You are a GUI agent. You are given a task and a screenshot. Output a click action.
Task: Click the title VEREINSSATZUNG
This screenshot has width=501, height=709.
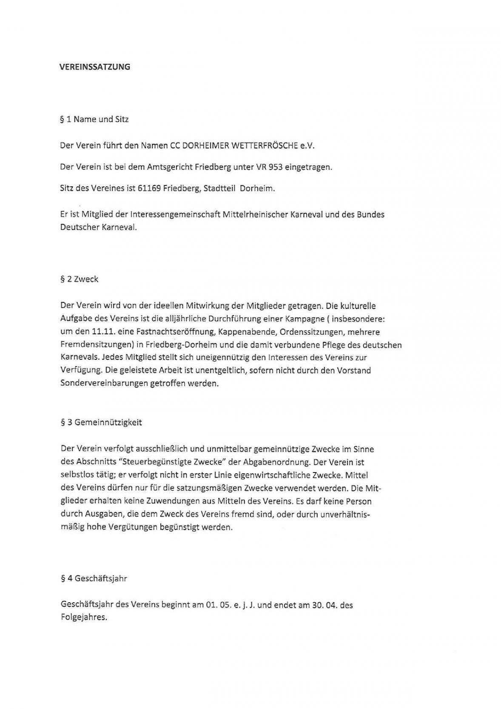[94, 67]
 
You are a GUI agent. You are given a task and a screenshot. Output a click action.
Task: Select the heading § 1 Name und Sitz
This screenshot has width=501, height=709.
[94, 119]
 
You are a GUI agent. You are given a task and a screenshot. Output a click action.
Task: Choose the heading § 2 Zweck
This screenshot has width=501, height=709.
[80, 279]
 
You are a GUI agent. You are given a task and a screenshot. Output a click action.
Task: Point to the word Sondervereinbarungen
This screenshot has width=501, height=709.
[104, 383]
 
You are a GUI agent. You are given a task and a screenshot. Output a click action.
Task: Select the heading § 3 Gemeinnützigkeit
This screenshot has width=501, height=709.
[101, 422]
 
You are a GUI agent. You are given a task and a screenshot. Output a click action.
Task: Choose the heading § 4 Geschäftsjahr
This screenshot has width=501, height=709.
[94, 578]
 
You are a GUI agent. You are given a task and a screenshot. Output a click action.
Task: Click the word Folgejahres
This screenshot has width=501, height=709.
[84, 617]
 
